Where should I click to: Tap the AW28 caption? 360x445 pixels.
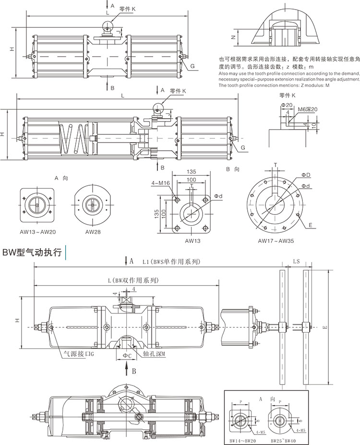click(x=92, y=231)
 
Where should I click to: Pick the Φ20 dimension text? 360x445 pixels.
click(x=287, y=105)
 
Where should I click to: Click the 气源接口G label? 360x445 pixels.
click(x=80, y=355)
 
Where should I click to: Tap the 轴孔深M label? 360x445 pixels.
click(x=154, y=355)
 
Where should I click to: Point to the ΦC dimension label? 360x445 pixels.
click(x=126, y=355)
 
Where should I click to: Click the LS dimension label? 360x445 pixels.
click(x=296, y=262)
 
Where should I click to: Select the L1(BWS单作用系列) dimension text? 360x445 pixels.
click(x=170, y=262)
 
